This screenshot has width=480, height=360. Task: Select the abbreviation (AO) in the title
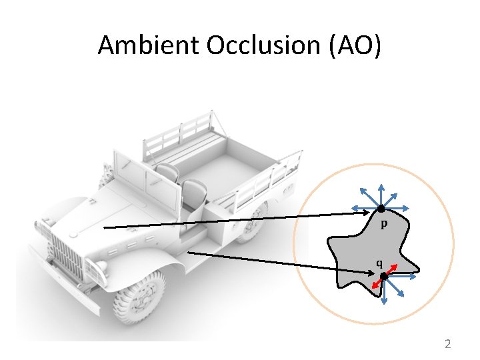[x=353, y=45]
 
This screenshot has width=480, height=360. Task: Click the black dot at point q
[x=384, y=275]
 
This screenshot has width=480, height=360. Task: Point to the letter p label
[x=385, y=225]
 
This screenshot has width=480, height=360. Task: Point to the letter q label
[x=379, y=262]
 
